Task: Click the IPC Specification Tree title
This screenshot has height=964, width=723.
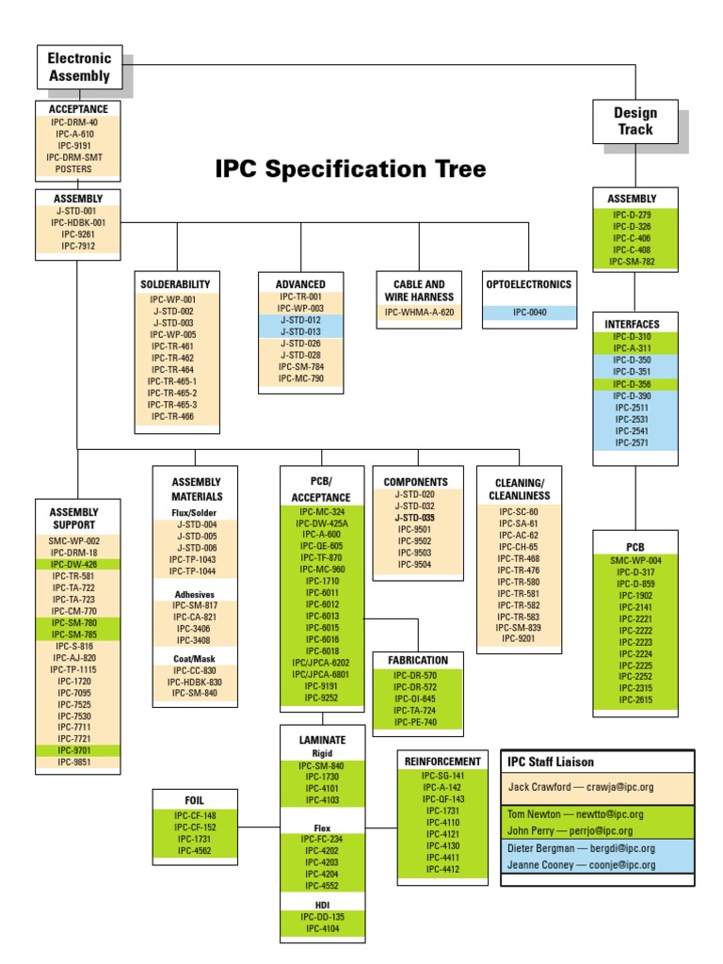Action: (x=350, y=169)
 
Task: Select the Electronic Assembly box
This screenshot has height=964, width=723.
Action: (x=79, y=68)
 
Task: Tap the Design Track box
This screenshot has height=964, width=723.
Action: (x=635, y=120)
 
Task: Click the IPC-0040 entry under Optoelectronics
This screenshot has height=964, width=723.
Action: (x=528, y=312)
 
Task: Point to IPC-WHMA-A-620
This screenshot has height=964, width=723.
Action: (x=419, y=312)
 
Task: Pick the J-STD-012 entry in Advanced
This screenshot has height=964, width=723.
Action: (x=300, y=320)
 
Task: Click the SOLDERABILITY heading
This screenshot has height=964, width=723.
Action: (x=175, y=283)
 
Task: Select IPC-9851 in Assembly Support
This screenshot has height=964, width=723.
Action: (x=77, y=763)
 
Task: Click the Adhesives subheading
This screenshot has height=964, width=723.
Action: (x=195, y=594)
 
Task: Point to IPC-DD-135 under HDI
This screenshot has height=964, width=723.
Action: (x=322, y=916)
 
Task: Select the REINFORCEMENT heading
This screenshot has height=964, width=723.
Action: (x=442, y=761)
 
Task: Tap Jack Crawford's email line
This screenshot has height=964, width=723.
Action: (x=594, y=786)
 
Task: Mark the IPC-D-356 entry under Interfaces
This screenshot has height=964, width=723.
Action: (x=632, y=384)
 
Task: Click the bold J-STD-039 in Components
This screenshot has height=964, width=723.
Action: (x=415, y=518)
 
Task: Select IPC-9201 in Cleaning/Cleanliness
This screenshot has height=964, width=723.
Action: (x=519, y=639)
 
